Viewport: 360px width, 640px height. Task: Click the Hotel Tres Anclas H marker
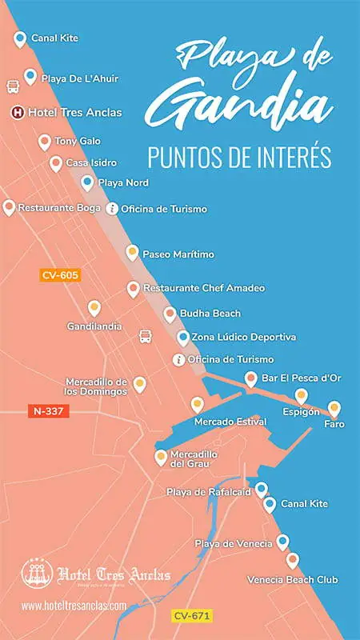(x=18, y=113)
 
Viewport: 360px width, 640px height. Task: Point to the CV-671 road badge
(x=192, y=615)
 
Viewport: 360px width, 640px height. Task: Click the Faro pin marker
(x=334, y=409)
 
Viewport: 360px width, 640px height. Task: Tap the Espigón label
(x=301, y=411)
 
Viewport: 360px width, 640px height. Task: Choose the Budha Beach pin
(x=170, y=314)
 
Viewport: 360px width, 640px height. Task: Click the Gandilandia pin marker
(x=94, y=308)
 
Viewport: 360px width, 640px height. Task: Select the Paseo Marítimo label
(x=178, y=254)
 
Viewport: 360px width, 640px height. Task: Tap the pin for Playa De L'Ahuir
(x=30, y=77)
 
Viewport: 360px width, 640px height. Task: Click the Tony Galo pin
(x=45, y=142)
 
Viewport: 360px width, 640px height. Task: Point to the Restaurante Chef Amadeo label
(x=204, y=288)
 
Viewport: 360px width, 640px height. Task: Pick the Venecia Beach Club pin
(x=293, y=561)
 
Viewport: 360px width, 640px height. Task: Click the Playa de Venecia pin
(x=282, y=543)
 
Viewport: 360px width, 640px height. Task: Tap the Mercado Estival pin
(x=197, y=405)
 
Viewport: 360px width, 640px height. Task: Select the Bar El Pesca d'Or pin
(x=251, y=379)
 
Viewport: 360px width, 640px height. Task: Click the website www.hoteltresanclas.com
(x=74, y=606)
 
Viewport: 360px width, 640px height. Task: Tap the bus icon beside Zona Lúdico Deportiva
(x=146, y=337)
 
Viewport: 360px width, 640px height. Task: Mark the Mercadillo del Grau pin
(x=160, y=457)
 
